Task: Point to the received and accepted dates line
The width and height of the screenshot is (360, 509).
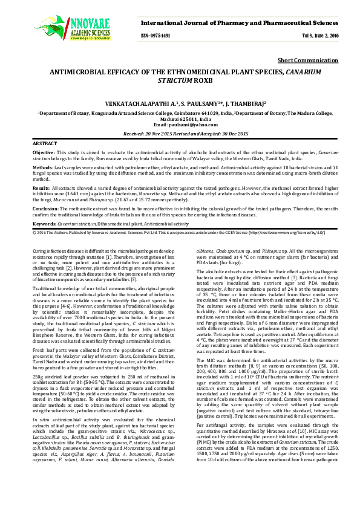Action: click(180, 132)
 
